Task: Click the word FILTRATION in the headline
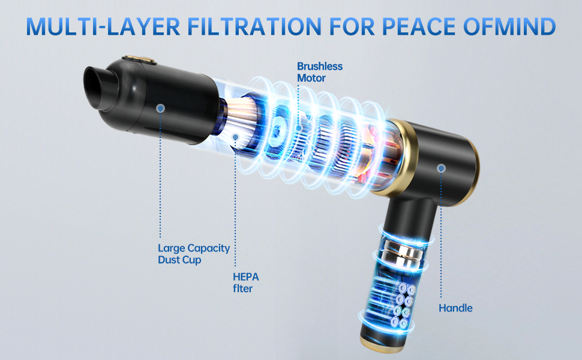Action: pyautogui.click(x=254, y=26)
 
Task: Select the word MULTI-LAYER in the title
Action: pyautogui.click(x=103, y=26)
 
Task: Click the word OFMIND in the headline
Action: pyautogui.click(x=509, y=26)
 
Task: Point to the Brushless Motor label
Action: pyautogui.click(x=320, y=72)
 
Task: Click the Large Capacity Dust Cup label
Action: pyautogui.click(x=194, y=254)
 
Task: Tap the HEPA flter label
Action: pyautogui.click(x=246, y=283)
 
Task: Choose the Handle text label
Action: pyautogui.click(x=455, y=308)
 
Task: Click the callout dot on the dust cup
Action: pyautogui.click(x=160, y=108)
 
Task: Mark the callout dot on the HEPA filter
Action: pyautogui.click(x=235, y=137)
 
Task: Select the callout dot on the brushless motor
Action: pyautogui.click(x=298, y=128)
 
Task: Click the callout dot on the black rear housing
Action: pyautogui.click(x=441, y=169)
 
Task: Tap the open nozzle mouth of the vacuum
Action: pyautogui.click(x=97, y=88)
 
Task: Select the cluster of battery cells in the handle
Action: pyautogui.click(x=403, y=305)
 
